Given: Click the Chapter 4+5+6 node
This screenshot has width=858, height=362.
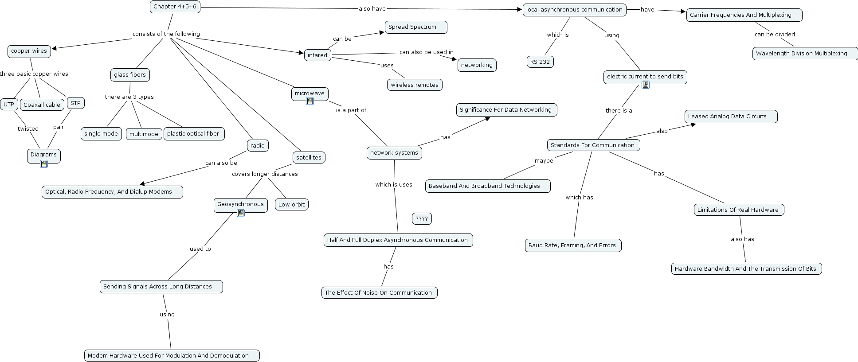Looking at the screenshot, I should pyautogui.click(x=175, y=7).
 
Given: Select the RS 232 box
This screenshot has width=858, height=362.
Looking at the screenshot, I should pyautogui.click(x=540, y=62).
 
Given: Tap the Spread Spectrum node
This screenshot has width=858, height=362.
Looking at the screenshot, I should pyautogui.click(x=415, y=27).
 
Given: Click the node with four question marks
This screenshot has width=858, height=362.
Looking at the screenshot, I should pyautogui.click(x=422, y=219).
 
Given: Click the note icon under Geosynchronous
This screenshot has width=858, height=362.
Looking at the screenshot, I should pyautogui.click(x=241, y=213).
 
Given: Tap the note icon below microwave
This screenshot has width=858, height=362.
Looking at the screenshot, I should pyautogui.click(x=310, y=101).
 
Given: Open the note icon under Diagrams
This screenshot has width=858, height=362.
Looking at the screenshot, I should pyautogui.click(x=43, y=164).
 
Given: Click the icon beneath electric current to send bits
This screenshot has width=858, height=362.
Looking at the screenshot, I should pyautogui.click(x=646, y=85).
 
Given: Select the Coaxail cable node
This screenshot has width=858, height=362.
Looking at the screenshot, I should pyautogui.click(x=42, y=105).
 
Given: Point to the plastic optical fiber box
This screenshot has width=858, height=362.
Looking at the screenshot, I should pyautogui.click(x=194, y=134).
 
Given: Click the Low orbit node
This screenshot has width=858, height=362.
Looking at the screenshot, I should pyautogui.click(x=291, y=205).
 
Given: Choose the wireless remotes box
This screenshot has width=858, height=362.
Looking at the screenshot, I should pyautogui.click(x=415, y=85).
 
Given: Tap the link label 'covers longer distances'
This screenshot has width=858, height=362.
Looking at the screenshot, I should pyautogui.click(x=265, y=174).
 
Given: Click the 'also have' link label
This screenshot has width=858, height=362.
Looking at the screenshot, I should pyautogui.click(x=372, y=8).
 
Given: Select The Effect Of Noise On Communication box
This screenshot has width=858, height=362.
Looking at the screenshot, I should pyautogui.click(x=379, y=293).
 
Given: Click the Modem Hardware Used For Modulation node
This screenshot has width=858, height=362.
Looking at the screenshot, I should pyautogui.click(x=172, y=356).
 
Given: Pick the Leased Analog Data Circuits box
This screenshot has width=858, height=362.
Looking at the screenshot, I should pyautogui.click(x=730, y=117).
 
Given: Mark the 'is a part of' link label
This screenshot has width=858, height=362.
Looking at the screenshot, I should pyautogui.click(x=351, y=110).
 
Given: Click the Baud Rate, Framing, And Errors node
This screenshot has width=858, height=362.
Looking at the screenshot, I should pyautogui.click(x=572, y=245).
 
